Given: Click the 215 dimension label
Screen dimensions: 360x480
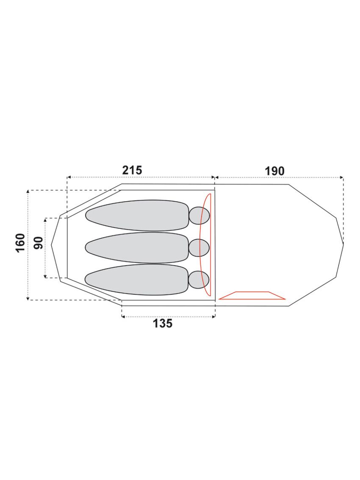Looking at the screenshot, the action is pos(132,170).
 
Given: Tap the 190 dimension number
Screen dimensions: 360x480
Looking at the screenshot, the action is pos(274,171).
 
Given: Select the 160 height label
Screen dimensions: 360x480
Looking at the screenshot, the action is pos(20,243).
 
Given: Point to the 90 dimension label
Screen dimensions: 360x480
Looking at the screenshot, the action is pos(39,243).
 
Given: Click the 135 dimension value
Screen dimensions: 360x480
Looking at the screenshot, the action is pos(163,323).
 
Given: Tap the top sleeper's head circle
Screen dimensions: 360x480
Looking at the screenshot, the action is pos(199,216).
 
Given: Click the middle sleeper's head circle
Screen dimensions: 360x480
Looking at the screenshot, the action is pos(199,247).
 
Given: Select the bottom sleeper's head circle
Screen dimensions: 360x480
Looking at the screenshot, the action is pos(199,280).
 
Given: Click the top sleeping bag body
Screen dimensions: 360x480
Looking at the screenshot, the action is pos(137,216).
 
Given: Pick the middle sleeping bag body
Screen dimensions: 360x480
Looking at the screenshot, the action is pos(137,248).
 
